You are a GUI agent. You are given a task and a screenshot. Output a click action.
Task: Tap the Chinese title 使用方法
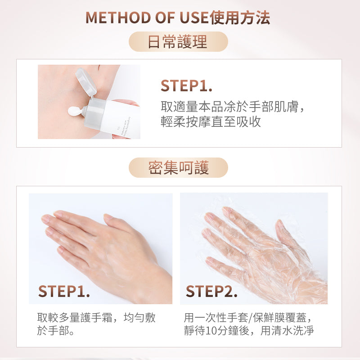(x=240, y=18)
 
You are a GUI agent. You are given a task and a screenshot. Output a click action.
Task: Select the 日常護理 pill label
(x=178, y=42)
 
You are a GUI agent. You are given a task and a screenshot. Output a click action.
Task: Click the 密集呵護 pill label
(x=178, y=167)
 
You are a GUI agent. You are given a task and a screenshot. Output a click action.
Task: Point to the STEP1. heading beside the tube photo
(x=186, y=85)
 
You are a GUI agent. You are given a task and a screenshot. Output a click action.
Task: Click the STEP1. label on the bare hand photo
(x=64, y=291)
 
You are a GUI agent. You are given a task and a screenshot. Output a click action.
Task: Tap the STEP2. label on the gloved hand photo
(x=211, y=291)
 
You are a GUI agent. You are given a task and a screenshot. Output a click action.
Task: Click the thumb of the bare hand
(x=116, y=223)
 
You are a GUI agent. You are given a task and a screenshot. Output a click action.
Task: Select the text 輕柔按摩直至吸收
(x=211, y=121)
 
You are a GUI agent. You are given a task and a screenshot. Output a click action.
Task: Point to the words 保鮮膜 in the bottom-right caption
(x=269, y=318)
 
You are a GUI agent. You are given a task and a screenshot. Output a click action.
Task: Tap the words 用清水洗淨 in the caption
(x=287, y=331)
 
